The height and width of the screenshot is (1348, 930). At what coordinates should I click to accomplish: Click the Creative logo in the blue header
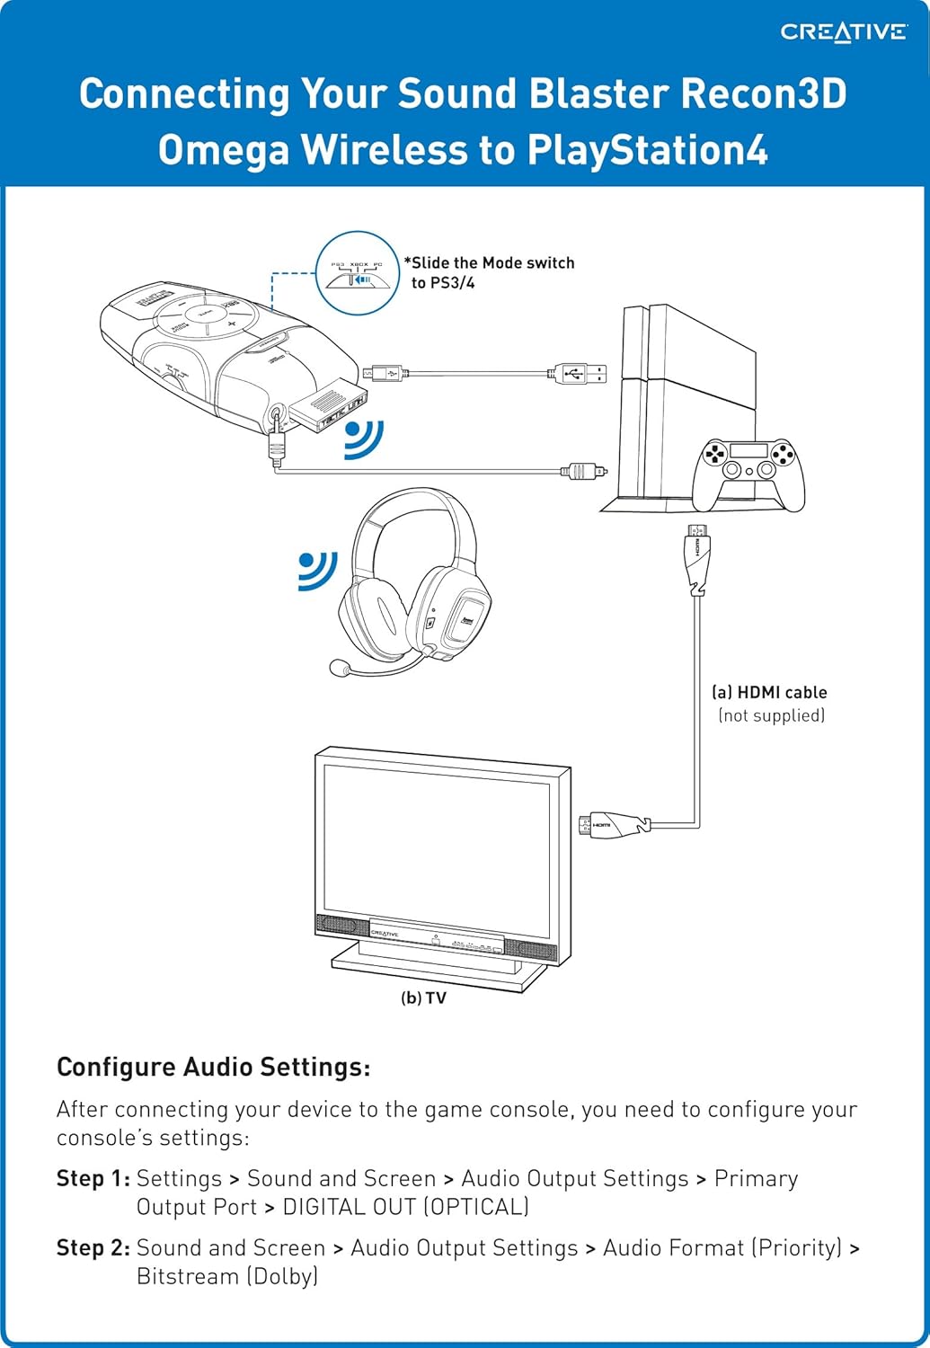(x=843, y=32)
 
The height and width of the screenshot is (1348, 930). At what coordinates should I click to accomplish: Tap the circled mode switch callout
(x=359, y=272)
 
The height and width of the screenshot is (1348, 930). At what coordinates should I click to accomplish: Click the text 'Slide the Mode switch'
(x=492, y=263)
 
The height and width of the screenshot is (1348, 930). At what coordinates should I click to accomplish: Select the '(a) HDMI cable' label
(x=769, y=693)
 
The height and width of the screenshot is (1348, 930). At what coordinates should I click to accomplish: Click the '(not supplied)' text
(x=771, y=715)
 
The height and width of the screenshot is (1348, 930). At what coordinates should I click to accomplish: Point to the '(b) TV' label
(x=423, y=998)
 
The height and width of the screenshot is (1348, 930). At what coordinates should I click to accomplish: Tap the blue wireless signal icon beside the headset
(x=317, y=572)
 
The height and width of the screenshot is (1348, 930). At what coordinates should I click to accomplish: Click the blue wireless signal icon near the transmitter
(x=364, y=439)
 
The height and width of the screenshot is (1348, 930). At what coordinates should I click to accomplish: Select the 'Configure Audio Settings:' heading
(x=214, y=1068)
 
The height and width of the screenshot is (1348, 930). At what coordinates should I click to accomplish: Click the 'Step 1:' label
(x=93, y=1178)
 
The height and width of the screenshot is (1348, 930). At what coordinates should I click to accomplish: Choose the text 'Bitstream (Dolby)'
(x=227, y=1276)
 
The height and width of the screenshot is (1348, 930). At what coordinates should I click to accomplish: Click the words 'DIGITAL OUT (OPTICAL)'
(x=406, y=1207)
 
